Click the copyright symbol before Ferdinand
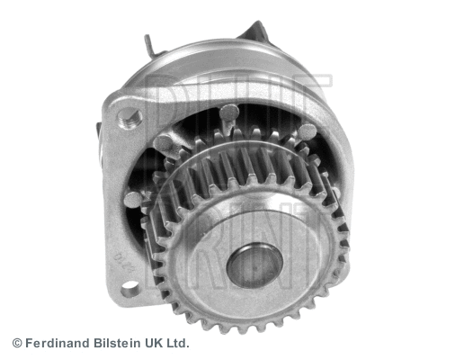pos(16,343)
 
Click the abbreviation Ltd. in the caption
pos(177,343)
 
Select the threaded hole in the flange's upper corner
pos(129,116)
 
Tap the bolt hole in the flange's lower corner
pos(130,288)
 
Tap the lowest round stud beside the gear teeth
pos(134,199)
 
